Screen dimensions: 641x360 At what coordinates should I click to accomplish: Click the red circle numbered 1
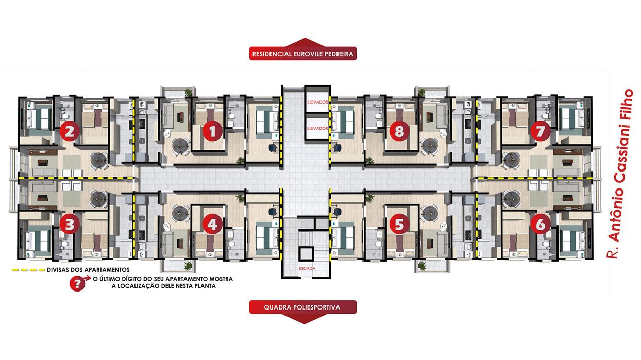212,131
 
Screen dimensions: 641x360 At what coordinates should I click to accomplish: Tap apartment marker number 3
70,224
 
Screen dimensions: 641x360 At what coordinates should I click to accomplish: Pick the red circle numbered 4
212,224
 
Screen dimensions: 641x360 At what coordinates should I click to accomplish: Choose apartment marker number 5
399,224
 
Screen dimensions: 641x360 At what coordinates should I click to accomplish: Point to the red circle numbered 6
541,224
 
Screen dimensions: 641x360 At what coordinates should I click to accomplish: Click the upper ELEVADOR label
317,102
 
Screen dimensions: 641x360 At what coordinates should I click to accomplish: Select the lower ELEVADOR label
317,128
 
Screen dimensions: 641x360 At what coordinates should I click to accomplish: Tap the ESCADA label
307,268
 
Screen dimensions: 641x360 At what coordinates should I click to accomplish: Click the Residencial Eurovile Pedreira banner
303,54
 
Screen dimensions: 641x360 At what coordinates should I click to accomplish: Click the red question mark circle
77,284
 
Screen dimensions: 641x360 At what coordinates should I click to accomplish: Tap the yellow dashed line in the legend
28,270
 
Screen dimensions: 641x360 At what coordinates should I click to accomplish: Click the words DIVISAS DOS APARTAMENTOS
88,270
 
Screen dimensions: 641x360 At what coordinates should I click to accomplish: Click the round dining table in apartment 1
179,146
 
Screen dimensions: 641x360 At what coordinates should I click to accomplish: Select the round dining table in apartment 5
429,213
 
